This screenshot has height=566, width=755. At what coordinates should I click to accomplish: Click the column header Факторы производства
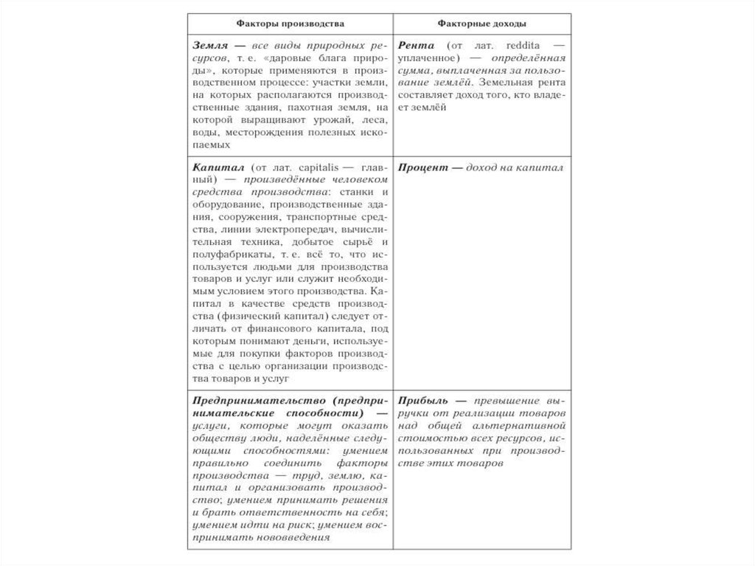290,24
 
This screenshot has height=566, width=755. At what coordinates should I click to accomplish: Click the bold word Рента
416,44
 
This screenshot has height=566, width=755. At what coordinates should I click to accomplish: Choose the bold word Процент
420,168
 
